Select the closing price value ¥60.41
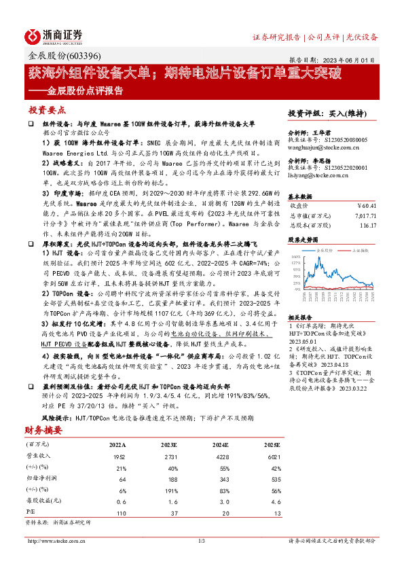(367, 204)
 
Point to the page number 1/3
(202, 541)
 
